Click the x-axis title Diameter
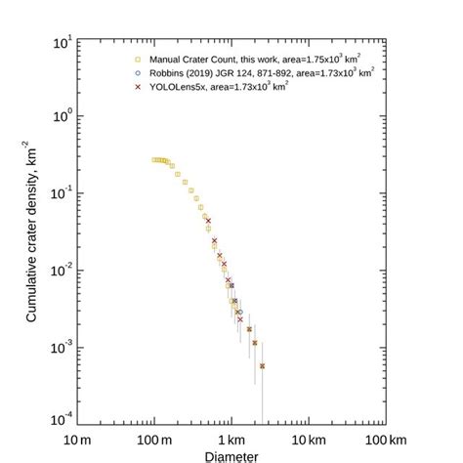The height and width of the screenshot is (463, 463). [231, 455]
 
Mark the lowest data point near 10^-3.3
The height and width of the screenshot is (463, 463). [262, 365]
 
